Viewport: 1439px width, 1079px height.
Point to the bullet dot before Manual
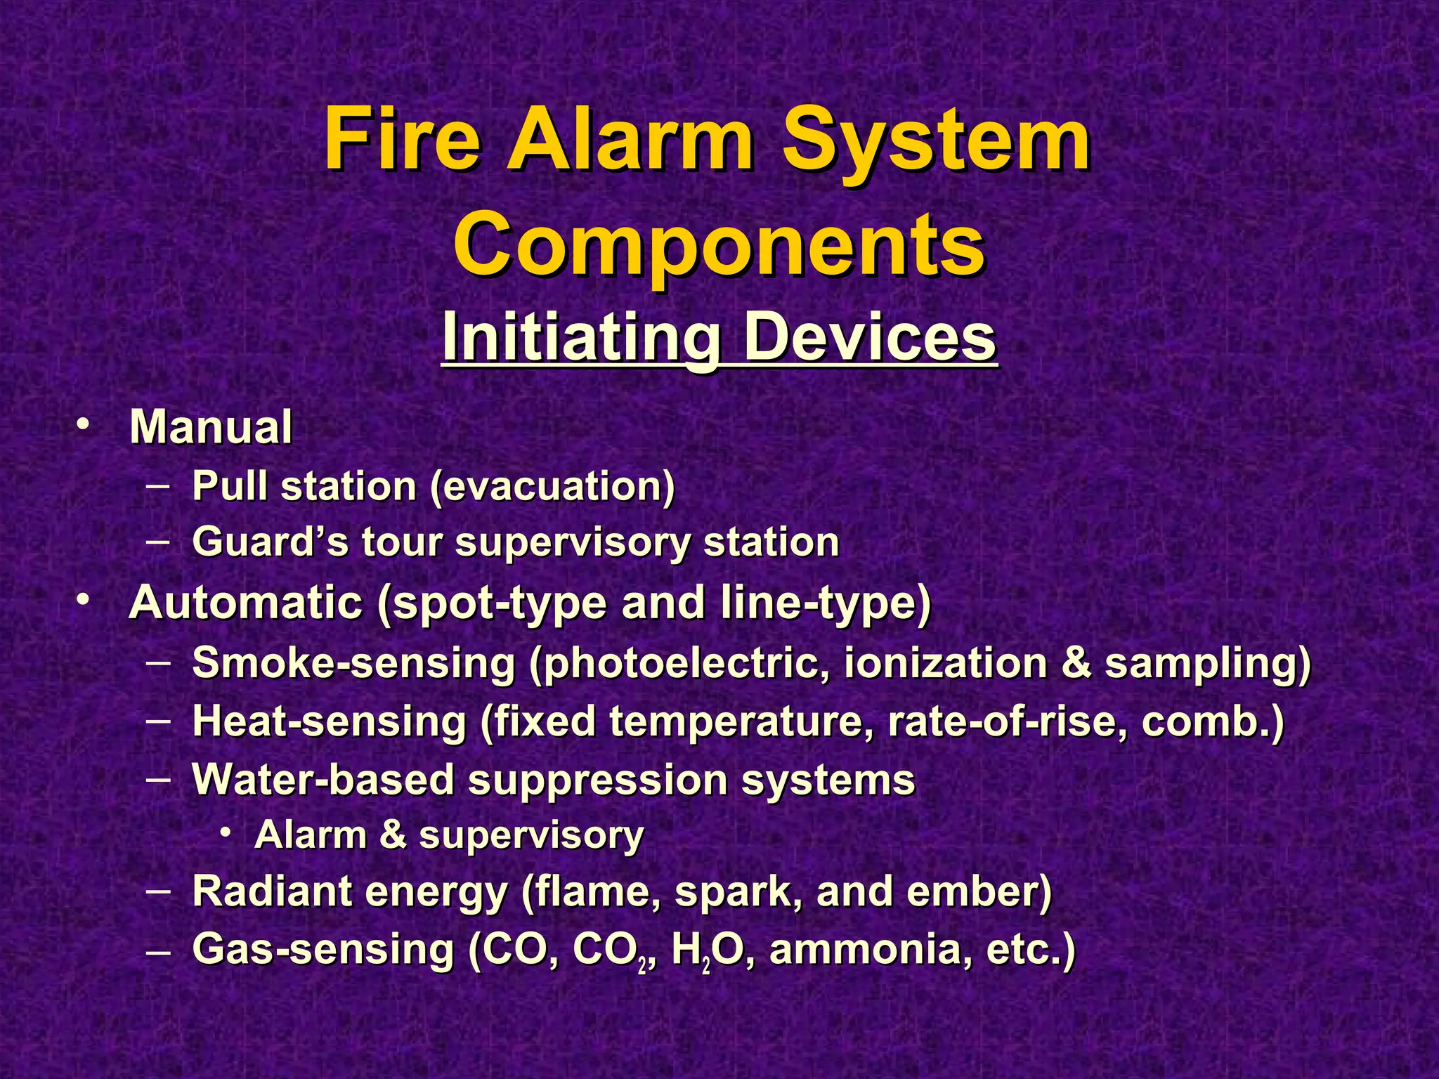click(x=84, y=425)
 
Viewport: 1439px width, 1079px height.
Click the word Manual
click(x=211, y=427)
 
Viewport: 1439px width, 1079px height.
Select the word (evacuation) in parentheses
click(x=552, y=486)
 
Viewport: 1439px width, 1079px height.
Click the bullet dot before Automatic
click(x=84, y=601)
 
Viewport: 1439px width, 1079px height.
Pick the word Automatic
click(x=245, y=603)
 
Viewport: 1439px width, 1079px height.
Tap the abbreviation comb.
click(x=1211, y=722)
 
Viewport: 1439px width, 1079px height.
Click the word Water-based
click(x=323, y=780)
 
